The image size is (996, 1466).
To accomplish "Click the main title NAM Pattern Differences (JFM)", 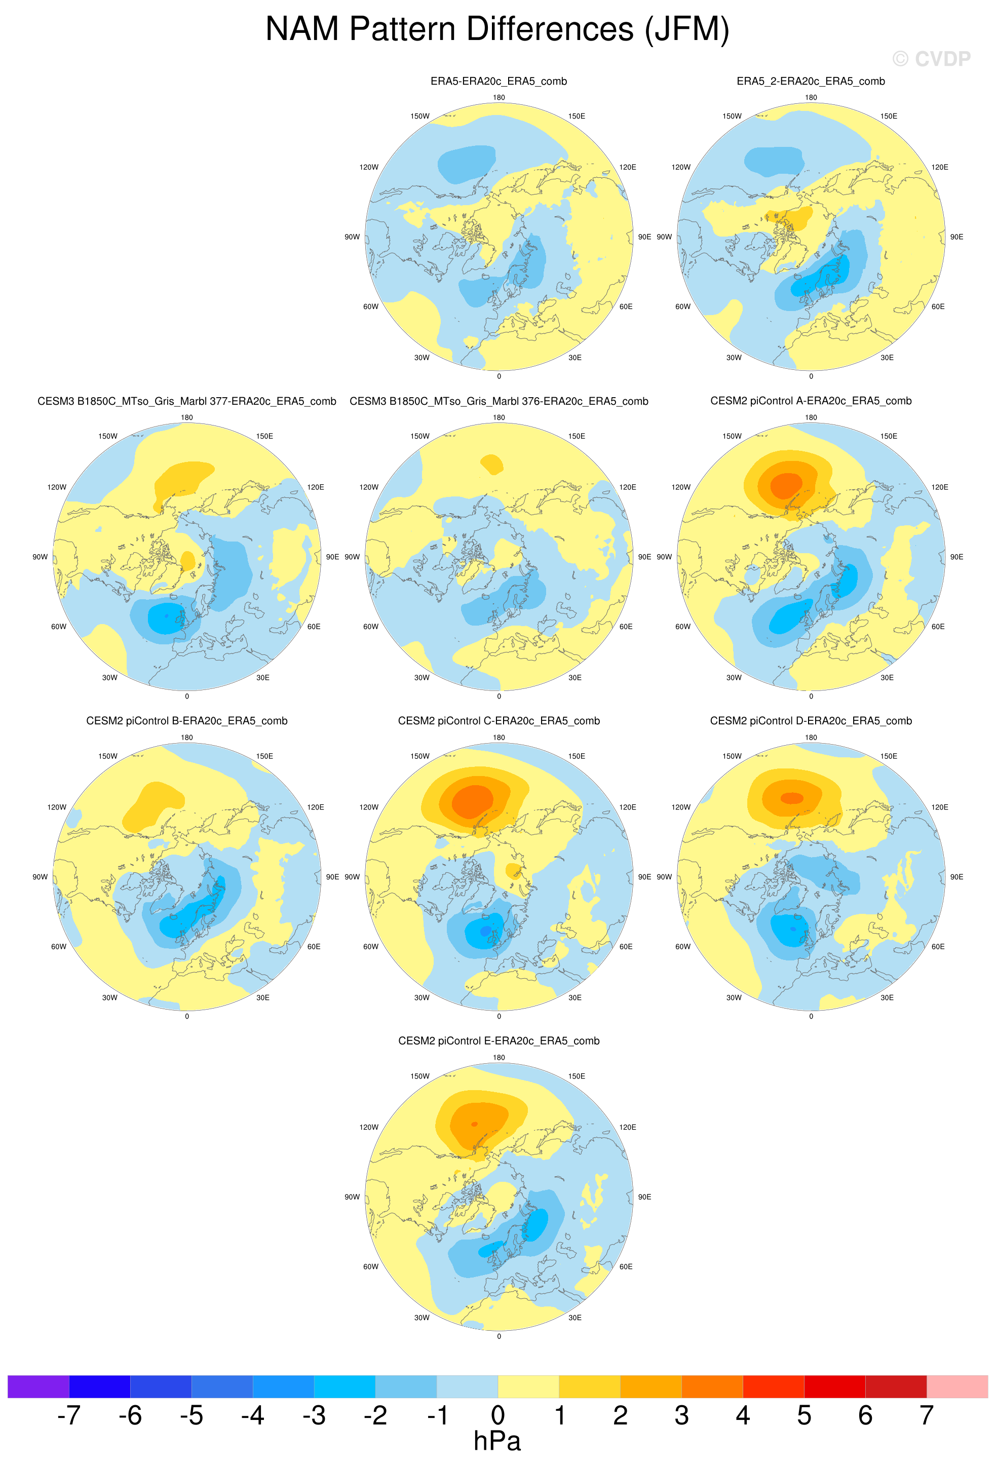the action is [497, 29].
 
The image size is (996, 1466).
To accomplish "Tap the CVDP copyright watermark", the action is [931, 59].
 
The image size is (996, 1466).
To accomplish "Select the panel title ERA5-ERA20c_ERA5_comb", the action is [499, 82].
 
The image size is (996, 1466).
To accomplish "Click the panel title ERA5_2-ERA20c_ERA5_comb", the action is [811, 82].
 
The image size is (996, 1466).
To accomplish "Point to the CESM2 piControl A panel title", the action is [811, 401].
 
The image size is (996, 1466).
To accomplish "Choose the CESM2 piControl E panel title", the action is [499, 1041].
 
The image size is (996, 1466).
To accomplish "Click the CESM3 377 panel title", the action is [187, 401].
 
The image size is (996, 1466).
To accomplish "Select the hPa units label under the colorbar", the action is [497, 1441].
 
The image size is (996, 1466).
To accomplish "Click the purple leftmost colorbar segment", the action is [38, 1386].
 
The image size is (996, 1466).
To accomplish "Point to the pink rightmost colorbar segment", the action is [957, 1386].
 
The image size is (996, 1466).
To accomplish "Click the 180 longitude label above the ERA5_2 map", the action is [811, 98].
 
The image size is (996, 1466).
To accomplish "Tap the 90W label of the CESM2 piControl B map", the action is [40, 877].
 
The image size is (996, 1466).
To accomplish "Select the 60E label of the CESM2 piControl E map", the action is [626, 1266].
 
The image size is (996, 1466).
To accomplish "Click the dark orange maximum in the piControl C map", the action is [473, 801].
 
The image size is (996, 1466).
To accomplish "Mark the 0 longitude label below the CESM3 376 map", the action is [499, 697].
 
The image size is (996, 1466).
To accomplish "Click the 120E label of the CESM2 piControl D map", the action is [939, 807].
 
